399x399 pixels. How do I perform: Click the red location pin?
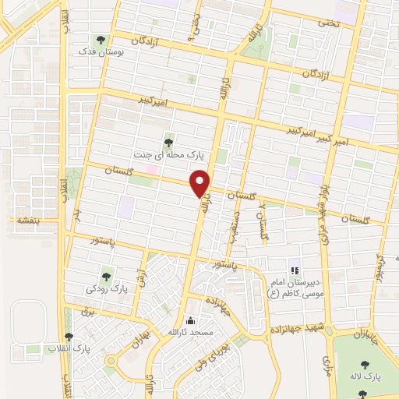(x=201, y=183)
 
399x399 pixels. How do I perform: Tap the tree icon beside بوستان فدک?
(x=100, y=39)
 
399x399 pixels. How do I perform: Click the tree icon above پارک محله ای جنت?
(x=169, y=141)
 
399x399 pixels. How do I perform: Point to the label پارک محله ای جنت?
(x=162, y=154)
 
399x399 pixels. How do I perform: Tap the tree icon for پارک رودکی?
(x=106, y=276)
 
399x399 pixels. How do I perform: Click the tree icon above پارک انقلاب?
(x=69, y=337)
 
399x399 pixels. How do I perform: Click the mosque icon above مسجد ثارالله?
(x=192, y=320)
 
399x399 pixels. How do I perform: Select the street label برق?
(x=87, y=311)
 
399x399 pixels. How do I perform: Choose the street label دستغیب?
(x=231, y=226)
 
